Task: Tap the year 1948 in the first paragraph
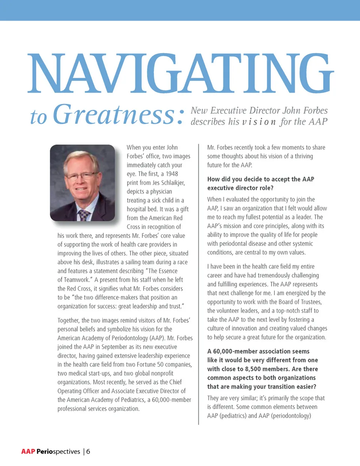pos(172,174)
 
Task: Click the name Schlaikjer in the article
pos(173,183)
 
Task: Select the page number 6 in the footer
pos(88,451)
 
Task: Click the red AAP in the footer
pos(28,451)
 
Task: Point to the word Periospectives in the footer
pos(58,451)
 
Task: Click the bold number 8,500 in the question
pos(257,369)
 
